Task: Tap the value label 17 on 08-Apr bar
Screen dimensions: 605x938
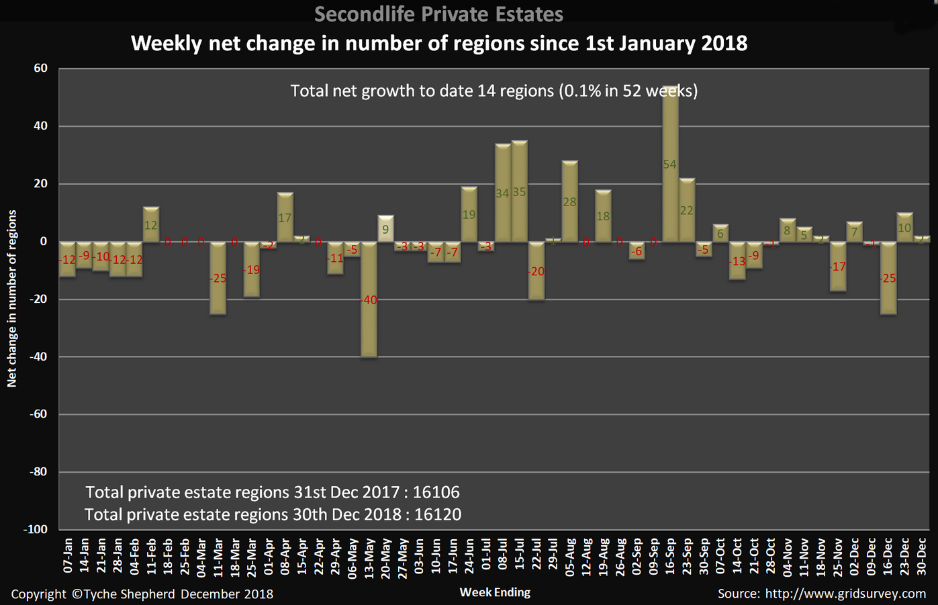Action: (285, 218)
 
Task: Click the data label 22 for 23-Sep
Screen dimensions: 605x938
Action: (686, 210)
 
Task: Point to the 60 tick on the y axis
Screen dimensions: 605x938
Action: (40, 68)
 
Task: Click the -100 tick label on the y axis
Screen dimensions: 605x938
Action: (36, 529)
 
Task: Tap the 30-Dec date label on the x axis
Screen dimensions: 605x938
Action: (921, 555)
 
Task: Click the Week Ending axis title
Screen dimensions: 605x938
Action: (495, 592)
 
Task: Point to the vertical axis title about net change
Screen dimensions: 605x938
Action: (11, 298)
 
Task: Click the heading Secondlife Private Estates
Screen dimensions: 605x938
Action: (438, 13)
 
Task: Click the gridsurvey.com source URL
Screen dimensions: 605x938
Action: (845, 594)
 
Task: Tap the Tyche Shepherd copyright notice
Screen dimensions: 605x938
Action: (142, 594)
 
